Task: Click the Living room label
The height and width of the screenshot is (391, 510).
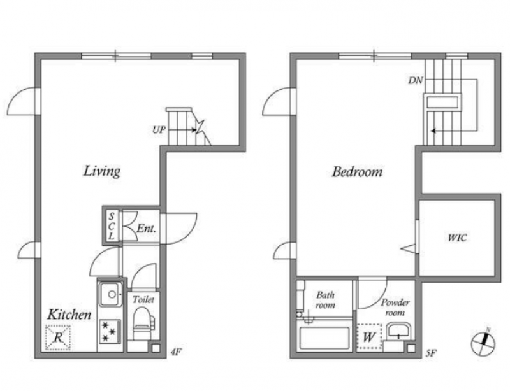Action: tap(102, 171)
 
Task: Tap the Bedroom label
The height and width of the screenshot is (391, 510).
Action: tap(357, 171)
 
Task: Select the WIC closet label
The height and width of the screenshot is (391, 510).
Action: tap(457, 238)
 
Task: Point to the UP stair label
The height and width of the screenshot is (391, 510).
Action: tap(159, 130)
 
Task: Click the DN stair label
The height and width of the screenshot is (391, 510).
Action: tap(416, 80)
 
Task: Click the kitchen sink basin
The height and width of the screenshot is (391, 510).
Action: tap(111, 294)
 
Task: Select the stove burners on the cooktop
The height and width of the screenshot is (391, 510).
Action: tap(109, 332)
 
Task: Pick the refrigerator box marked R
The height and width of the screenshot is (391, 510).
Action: tap(58, 338)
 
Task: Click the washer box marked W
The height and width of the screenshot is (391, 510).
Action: tap(369, 337)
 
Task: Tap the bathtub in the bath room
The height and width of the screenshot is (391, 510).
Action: tap(324, 338)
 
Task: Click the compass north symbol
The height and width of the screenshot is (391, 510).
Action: tap(483, 343)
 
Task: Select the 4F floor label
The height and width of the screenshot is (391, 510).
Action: tap(176, 352)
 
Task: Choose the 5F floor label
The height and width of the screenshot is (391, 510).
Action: tap(431, 353)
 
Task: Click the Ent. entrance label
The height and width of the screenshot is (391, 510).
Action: tap(147, 229)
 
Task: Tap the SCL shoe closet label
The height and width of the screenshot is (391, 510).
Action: tap(112, 226)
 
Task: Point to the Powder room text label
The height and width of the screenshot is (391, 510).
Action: tap(395, 308)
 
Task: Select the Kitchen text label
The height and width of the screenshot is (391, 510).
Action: tap(69, 315)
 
